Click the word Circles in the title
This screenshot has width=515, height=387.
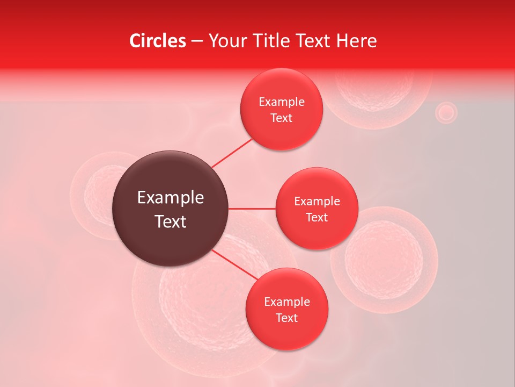pyautogui.click(x=157, y=41)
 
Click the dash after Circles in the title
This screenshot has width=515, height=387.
pyautogui.click(x=197, y=41)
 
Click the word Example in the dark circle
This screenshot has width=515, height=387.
pyautogui.click(x=171, y=198)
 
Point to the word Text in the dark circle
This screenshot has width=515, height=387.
pyautogui.click(x=171, y=221)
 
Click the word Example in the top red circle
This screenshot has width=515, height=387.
pyautogui.click(x=282, y=102)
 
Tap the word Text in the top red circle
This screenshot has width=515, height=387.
pyautogui.click(x=282, y=118)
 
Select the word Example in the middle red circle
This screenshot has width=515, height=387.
pyautogui.click(x=317, y=202)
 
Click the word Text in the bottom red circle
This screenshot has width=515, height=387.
pyautogui.click(x=286, y=318)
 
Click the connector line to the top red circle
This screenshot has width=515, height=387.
pyautogui.click(x=232, y=153)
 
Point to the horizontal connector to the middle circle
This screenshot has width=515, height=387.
pyautogui.click(x=252, y=209)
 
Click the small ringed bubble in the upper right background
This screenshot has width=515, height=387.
pyautogui.click(x=445, y=113)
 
